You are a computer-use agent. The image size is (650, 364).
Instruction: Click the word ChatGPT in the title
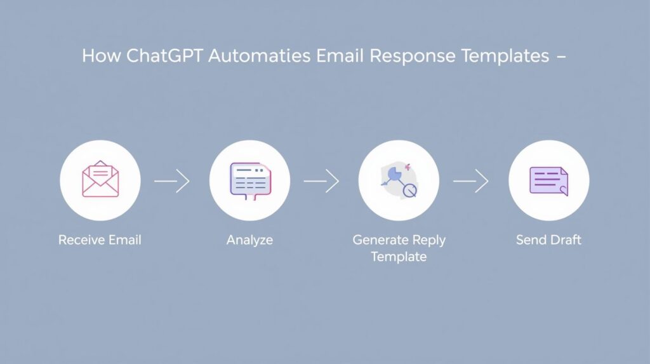164,56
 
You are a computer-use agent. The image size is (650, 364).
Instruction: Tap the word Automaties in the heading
259,56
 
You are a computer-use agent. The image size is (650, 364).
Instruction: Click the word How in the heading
101,56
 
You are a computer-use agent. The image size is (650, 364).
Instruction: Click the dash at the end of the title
561,57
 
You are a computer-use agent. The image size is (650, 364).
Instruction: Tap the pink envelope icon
100,179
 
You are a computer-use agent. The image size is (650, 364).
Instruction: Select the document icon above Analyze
250,181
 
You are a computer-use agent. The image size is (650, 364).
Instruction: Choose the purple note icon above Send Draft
549,181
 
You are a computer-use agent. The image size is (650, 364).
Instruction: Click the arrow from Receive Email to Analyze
171,181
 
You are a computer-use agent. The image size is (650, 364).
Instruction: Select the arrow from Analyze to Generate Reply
321,181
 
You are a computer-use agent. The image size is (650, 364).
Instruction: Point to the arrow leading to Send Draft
470,181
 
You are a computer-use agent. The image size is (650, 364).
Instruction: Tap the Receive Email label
100,240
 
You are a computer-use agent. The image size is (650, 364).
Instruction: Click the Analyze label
249,241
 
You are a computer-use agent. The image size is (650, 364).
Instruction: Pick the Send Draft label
548,240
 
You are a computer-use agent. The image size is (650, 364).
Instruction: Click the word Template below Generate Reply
399,257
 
